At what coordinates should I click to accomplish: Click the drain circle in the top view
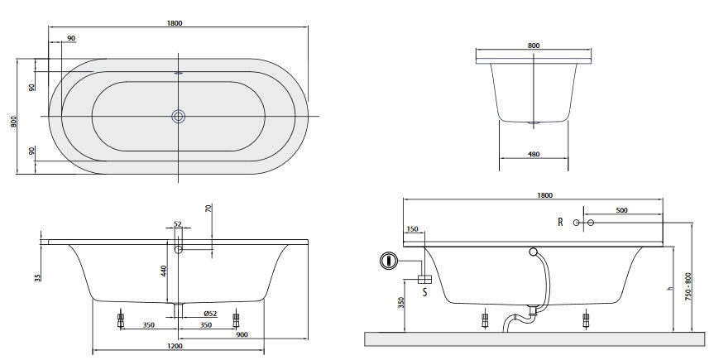click(179, 116)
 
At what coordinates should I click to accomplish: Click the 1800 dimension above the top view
click(175, 23)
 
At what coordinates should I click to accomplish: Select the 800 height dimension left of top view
click(14, 121)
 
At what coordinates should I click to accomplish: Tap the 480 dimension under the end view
click(534, 154)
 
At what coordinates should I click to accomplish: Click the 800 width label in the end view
click(534, 46)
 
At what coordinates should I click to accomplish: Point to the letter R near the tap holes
click(560, 222)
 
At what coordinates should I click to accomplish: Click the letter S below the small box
click(425, 291)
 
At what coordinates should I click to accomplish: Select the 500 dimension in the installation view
click(621, 210)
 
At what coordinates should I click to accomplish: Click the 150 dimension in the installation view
click(412, 229)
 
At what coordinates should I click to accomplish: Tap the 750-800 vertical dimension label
click(688, 286)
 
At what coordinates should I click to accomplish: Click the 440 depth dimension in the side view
click(165, 271)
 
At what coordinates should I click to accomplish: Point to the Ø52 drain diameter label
click(210, 314)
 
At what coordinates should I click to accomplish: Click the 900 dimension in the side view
click(242, 334)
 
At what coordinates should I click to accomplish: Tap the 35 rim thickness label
click(38, 277)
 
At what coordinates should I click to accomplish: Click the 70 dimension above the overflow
click(208, 209)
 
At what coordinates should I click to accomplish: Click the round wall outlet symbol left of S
click(388, 261)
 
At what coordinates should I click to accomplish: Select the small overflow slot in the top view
click(179, 72)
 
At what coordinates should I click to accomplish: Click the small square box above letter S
click(425, 279)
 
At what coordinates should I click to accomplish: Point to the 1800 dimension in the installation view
click(544, 195)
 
